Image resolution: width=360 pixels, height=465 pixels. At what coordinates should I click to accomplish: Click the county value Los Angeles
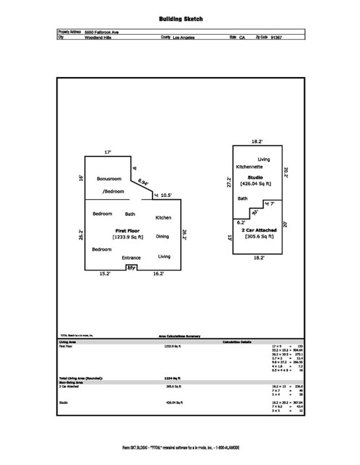point(185,39)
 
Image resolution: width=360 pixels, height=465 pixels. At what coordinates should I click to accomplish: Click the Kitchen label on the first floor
point(164,218)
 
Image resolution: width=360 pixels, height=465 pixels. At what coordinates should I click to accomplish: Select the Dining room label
point(163,236)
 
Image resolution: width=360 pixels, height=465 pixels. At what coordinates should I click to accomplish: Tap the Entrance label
point(132,257)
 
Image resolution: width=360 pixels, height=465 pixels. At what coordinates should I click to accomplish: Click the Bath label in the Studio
point(243,198)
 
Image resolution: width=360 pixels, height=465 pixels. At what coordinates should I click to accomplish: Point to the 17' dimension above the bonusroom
point(108,153)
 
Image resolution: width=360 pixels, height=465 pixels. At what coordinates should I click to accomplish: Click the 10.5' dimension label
point(167,195)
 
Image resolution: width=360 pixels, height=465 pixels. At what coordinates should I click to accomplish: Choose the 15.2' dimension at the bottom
point(105,275)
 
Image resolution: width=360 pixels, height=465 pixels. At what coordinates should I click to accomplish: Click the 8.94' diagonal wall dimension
point(144,183)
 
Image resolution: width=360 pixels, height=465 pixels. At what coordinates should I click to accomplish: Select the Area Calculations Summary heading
point(180,336)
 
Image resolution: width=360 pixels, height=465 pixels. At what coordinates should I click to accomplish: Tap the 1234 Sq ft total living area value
point(172,379)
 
